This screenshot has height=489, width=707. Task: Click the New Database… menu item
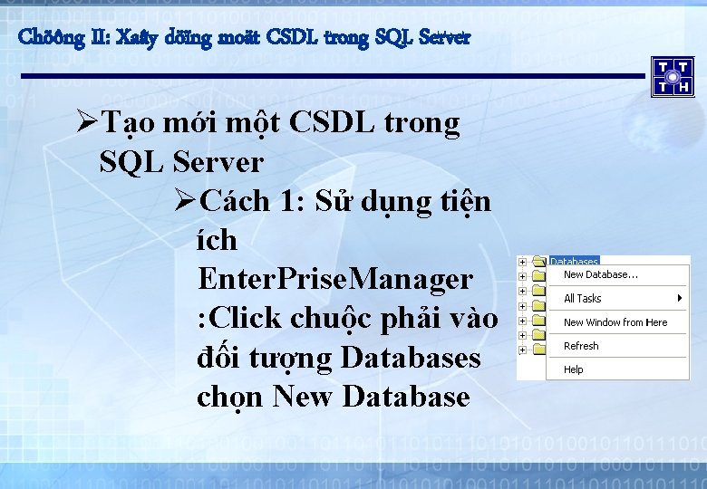point(600,274)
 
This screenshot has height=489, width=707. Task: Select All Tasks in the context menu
point(582,298)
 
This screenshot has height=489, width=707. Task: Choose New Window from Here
point(615,322)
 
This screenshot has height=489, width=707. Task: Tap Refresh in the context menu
point(581,346)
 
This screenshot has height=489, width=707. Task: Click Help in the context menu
point(574,369)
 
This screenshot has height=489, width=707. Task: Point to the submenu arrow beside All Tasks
point(679,298)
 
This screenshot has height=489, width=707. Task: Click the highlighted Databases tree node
point(574,262)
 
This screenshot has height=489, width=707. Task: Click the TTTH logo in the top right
point(672,76)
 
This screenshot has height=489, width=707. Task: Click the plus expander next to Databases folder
point(523,262)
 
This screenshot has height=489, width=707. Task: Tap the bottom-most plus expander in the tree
point(523,350)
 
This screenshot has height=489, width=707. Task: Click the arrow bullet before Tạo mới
point(88,123)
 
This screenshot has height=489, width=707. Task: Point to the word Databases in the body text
point(411,358)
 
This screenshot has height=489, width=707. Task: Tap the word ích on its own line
point(216,240)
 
